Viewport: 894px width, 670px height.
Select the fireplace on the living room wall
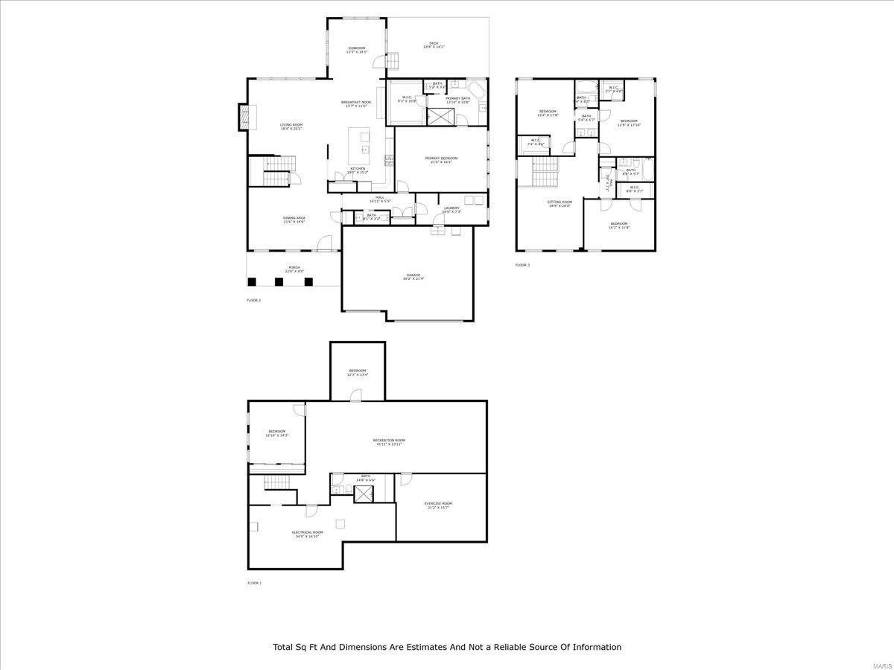click(x=243, y=117)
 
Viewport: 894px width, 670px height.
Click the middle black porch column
click(x=279, y=281)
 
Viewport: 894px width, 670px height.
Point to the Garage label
click(x=413, y=276)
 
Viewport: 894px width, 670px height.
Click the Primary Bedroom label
click(x=441, y=159)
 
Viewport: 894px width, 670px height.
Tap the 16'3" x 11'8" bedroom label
click(x=619, y=225)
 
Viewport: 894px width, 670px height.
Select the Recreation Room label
click(x=389, y=441)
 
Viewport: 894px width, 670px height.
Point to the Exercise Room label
click(x=438, y=505)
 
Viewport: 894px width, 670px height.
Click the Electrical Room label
click(x=307, y=533)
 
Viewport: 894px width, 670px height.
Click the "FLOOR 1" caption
click(x=254, y=583)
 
